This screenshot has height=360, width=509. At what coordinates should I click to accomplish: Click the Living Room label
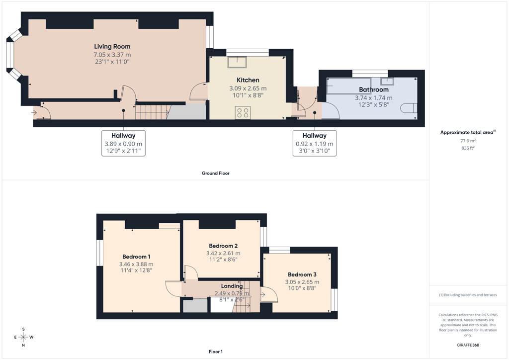click(112, 46)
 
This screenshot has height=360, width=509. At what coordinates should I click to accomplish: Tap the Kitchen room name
click(248, 80)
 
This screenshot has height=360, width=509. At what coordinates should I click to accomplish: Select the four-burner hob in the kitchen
click(243, 113)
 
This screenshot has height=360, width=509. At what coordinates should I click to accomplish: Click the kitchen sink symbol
click(237, 62)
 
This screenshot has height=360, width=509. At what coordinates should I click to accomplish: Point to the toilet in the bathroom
click(409, 108)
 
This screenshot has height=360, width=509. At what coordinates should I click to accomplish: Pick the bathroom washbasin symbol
click(387, 81)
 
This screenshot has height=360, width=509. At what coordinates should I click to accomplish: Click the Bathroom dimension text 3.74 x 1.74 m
click(374, 98)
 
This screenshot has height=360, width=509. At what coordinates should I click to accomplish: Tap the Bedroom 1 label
click(136, 257)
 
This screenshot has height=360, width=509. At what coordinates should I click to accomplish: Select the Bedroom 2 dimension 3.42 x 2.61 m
click(223, 253)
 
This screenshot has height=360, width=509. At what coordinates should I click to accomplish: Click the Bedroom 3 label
click(302, 274)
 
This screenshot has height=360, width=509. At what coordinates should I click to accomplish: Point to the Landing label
click(232, 286)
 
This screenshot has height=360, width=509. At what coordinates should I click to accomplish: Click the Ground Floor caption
click(216, 174)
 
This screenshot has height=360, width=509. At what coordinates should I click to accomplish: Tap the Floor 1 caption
click(216, 352)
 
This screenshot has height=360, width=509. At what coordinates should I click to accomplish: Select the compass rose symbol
click(23, 337)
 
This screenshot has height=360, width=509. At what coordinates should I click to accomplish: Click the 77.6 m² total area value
click(468, 141)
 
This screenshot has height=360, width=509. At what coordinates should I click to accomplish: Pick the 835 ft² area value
click(468, 148)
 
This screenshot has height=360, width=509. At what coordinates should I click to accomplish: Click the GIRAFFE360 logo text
click(468, 345)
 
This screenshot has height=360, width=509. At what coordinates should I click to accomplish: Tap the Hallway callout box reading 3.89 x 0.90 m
click(123, 143)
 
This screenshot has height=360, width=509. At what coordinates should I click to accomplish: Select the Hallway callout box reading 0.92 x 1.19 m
click(315, 143)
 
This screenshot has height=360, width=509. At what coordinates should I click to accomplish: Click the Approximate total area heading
click(468, 132)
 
